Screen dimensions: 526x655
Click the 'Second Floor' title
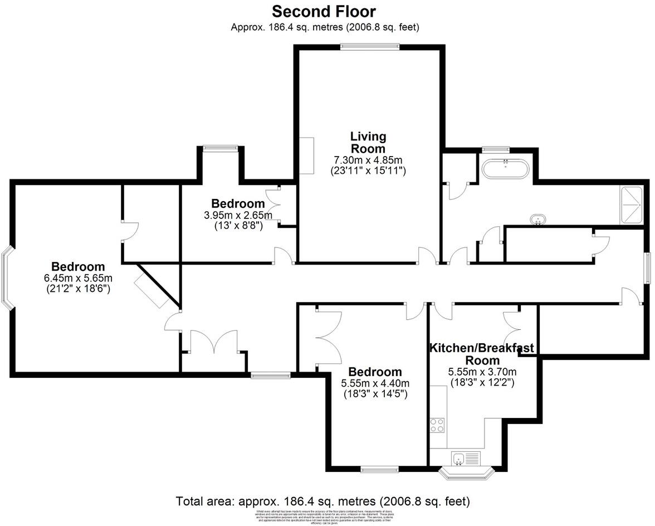pos(324,11)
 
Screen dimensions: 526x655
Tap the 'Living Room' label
pos(368,143)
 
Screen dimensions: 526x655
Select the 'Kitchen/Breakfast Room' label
pos(481,354)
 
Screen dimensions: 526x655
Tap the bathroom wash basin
pos(537,219)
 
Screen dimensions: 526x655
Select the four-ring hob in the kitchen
pos(437,425)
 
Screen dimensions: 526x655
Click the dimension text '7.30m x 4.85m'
pos(368,160)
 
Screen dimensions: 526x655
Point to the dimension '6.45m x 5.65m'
pos(78,279)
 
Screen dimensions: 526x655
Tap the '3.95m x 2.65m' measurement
pos(238,216)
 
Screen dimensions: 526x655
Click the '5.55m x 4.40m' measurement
pos(375,383)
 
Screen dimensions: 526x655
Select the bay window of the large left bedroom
pos(7,279)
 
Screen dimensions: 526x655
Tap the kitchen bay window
pos(467,473)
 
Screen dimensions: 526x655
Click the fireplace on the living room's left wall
pos(306,155)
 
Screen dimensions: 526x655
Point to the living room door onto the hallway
pos(428,256)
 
